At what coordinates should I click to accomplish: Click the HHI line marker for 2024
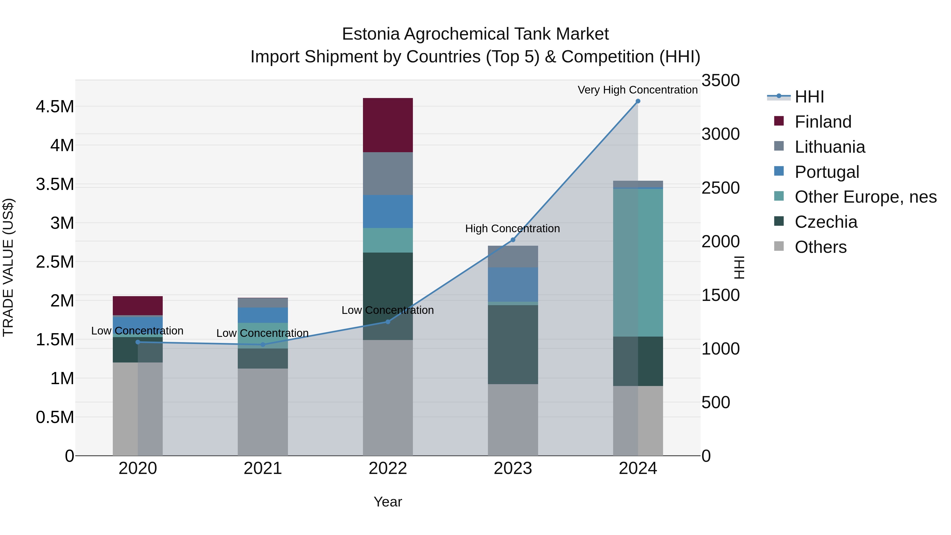(638, 101)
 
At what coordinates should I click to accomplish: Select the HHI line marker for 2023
(513, 240)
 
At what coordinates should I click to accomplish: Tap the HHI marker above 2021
(263, 345)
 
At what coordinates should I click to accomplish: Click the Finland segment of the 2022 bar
(388, 125)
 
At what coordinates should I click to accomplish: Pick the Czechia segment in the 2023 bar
(513, 345)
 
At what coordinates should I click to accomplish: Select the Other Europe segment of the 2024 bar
(638, 263)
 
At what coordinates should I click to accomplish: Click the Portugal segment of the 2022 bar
(388, 212)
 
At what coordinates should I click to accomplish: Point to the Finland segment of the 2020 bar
(138, 306)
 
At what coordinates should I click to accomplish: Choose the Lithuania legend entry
(829, 147)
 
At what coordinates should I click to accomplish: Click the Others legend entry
(820, 247)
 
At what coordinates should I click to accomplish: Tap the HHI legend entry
(809, 97)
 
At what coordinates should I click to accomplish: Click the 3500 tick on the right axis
(720, 81)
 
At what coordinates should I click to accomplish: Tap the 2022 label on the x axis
(388, 468)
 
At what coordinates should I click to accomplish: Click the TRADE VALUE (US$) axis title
(8, 268)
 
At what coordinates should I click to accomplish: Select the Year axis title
(388, 502)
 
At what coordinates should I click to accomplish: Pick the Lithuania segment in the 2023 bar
(513, 257)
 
